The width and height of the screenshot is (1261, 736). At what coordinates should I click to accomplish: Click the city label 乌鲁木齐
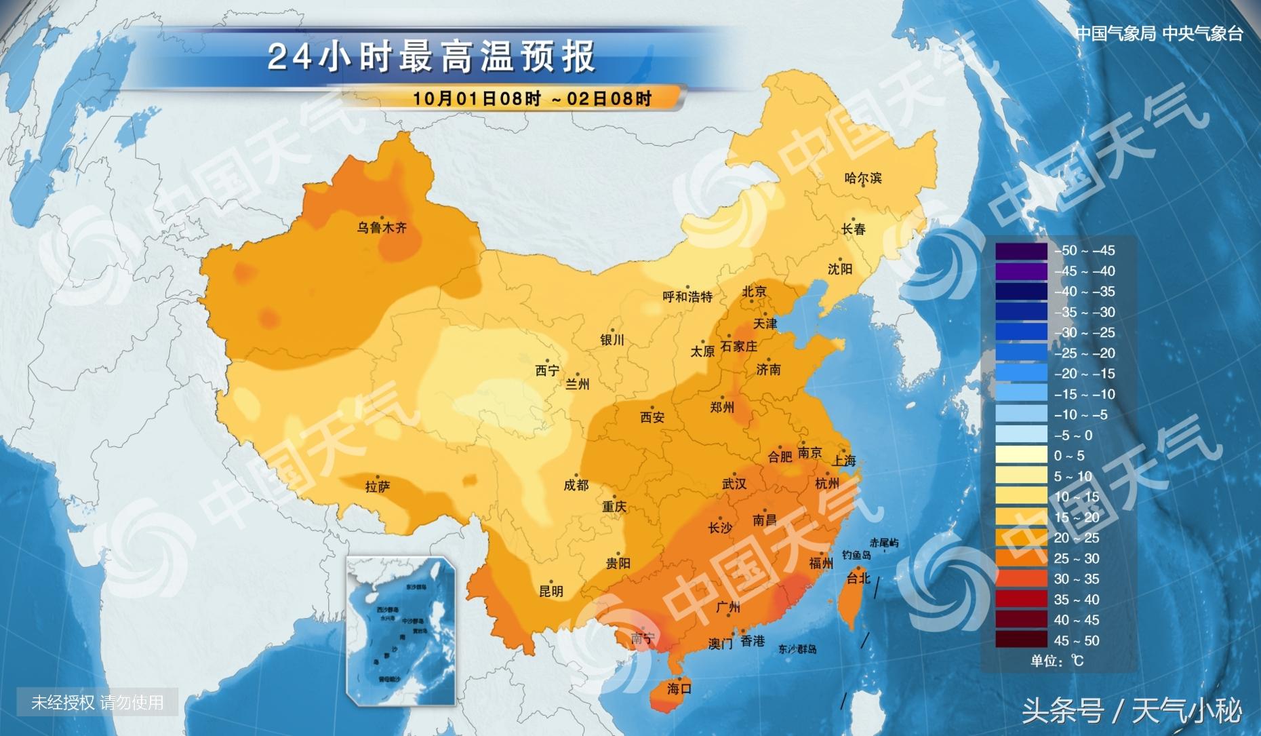(x=382, y=228)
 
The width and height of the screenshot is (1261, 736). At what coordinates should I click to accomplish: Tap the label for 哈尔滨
(x=863, y=178)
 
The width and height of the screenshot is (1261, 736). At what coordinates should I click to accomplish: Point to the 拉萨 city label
(x=378, y=486)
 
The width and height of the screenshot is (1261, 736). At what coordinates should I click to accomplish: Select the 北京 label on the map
(x=754, y=292)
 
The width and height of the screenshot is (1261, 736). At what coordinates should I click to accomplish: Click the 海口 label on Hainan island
(x=679, y=689)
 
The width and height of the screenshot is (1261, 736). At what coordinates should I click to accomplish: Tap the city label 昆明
(x=551, y=591)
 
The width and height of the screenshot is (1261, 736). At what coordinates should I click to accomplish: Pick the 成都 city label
(x=576, y=485)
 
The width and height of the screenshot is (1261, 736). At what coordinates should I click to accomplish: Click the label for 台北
(x=858, y=578)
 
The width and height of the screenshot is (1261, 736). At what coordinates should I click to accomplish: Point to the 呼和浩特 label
(x=687, y=296)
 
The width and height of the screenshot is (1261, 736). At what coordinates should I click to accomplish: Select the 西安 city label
(x=652, y=417)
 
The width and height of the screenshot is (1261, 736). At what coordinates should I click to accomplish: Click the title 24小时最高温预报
(x=432, y=56)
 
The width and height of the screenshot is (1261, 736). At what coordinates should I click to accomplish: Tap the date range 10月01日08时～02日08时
(x=532, y=98)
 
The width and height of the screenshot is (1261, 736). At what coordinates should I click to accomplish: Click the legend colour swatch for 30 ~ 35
(x=1021, y=579)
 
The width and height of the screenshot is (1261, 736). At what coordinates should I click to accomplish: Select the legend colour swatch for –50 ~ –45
(x=1021, y=250)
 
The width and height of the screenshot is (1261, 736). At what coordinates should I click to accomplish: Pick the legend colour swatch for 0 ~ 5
(x=1021, y=455)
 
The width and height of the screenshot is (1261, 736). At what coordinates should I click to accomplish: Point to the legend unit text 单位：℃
(x=1057, y=660)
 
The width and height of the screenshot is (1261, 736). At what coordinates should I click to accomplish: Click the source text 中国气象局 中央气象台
(x=1159, y=33)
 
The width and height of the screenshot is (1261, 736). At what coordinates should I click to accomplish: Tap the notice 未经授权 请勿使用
(x=98, y=702)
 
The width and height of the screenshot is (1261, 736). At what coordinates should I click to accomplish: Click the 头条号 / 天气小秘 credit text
(x=1132, y=711)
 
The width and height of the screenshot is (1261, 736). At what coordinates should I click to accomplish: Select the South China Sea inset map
(x=400, y=631)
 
